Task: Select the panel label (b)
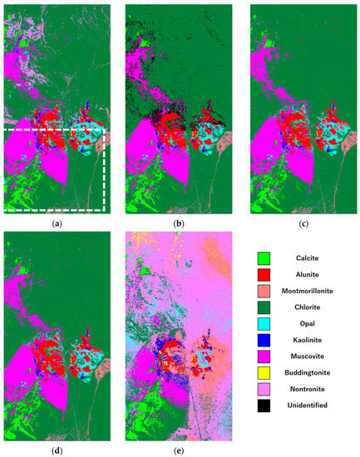[x=179, y=224]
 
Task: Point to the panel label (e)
[x=179, y=450]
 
